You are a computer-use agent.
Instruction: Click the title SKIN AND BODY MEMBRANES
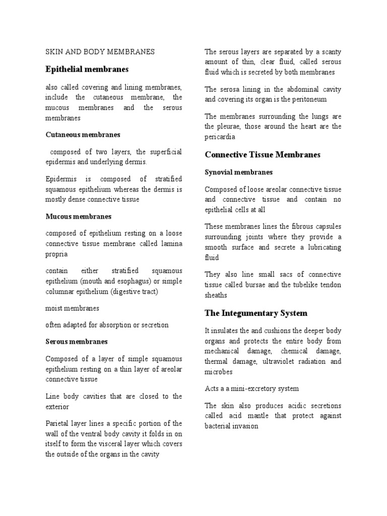click(100, 51)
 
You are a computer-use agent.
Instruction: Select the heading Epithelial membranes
click(87, 69)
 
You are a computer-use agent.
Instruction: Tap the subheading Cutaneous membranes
click(83, 135)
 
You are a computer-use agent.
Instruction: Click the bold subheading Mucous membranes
click(78, 216)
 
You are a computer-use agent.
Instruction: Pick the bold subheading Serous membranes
click(77, 342)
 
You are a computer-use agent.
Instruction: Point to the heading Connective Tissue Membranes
click(262, 155)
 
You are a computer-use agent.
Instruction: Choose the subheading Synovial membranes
click(239, 172)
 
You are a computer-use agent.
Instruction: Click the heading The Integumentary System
click(255, 313)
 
